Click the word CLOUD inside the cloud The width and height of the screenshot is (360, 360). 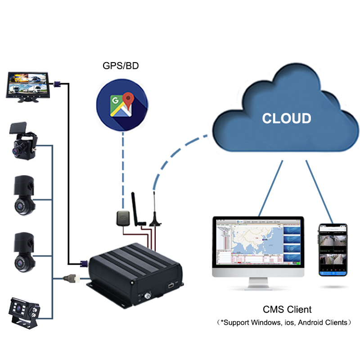287,118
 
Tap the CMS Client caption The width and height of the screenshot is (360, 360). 287,310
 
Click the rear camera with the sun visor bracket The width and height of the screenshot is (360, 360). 23,311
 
